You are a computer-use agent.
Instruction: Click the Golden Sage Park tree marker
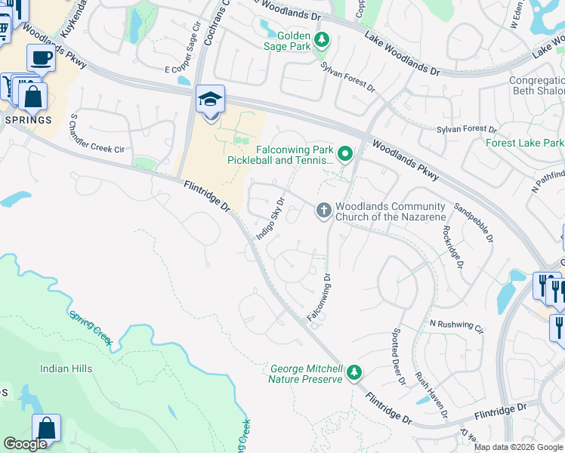coord(322,39)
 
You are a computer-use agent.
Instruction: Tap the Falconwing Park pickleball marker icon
coord(345,155)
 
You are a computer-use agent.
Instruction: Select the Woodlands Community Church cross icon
coord(324,211)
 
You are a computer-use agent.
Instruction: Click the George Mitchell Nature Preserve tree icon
coord(354,371)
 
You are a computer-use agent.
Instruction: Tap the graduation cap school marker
coord(211,100)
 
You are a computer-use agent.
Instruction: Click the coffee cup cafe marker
coord(41,57)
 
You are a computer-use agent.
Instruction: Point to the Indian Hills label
coord(66,368)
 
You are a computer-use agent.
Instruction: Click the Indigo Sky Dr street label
coord(270,219)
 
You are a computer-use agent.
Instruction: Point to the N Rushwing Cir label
coord(455,325)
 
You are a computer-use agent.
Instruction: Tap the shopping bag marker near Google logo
coord(46,428)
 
